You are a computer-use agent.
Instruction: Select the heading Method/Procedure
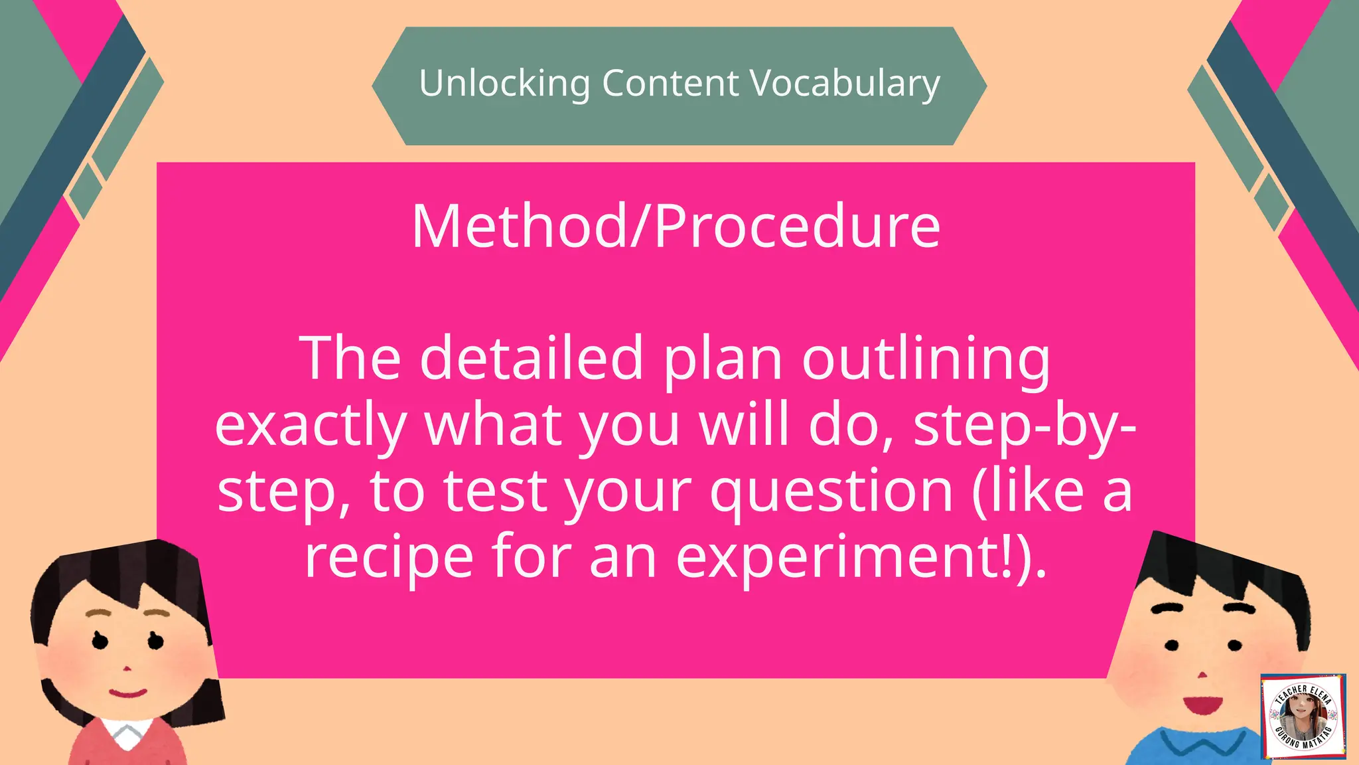[x=676, y=226]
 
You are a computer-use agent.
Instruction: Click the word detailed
[x=532, y=359]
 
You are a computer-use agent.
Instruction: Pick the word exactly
[x=311, y=426]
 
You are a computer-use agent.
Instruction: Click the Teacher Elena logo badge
[x=1303, y=717]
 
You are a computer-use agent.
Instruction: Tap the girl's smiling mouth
[x=127, y=694]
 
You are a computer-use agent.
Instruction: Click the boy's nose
[x=1200, y=675]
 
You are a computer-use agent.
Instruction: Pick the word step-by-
[x=1025, y=426]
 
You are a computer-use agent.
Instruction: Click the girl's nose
[x=127, y=668]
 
